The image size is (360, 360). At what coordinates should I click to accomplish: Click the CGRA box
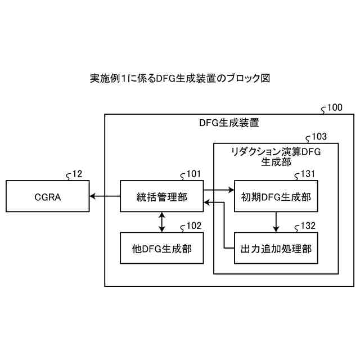pos(47,196)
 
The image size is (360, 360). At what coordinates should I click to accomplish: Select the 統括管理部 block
pos(162,196)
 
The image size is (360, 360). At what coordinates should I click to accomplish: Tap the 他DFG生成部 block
pos(162,248)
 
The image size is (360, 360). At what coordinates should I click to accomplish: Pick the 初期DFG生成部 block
pos(276,196)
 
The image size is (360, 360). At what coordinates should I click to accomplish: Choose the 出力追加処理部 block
pos(276,248)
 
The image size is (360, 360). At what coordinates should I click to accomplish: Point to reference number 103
pos(318,136)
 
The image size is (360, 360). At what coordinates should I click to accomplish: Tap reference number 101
pos(193,174)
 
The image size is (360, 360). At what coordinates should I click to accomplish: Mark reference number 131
pos(307,174)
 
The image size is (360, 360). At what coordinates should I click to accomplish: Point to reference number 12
pos(76,174)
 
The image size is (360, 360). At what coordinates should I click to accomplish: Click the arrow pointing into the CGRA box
pos(104,196)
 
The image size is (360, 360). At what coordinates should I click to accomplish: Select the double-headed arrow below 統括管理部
pos(162,222)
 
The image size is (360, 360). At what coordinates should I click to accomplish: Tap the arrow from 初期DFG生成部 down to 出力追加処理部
pos(276,222)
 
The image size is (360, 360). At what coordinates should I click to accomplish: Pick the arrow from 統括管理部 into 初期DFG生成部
pos(219,191)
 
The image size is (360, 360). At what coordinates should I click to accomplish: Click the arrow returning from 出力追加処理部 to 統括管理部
pos(224,225)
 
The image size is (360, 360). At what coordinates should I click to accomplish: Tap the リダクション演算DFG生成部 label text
pos(276,156)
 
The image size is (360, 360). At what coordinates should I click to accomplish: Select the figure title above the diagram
pos(180,78)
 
